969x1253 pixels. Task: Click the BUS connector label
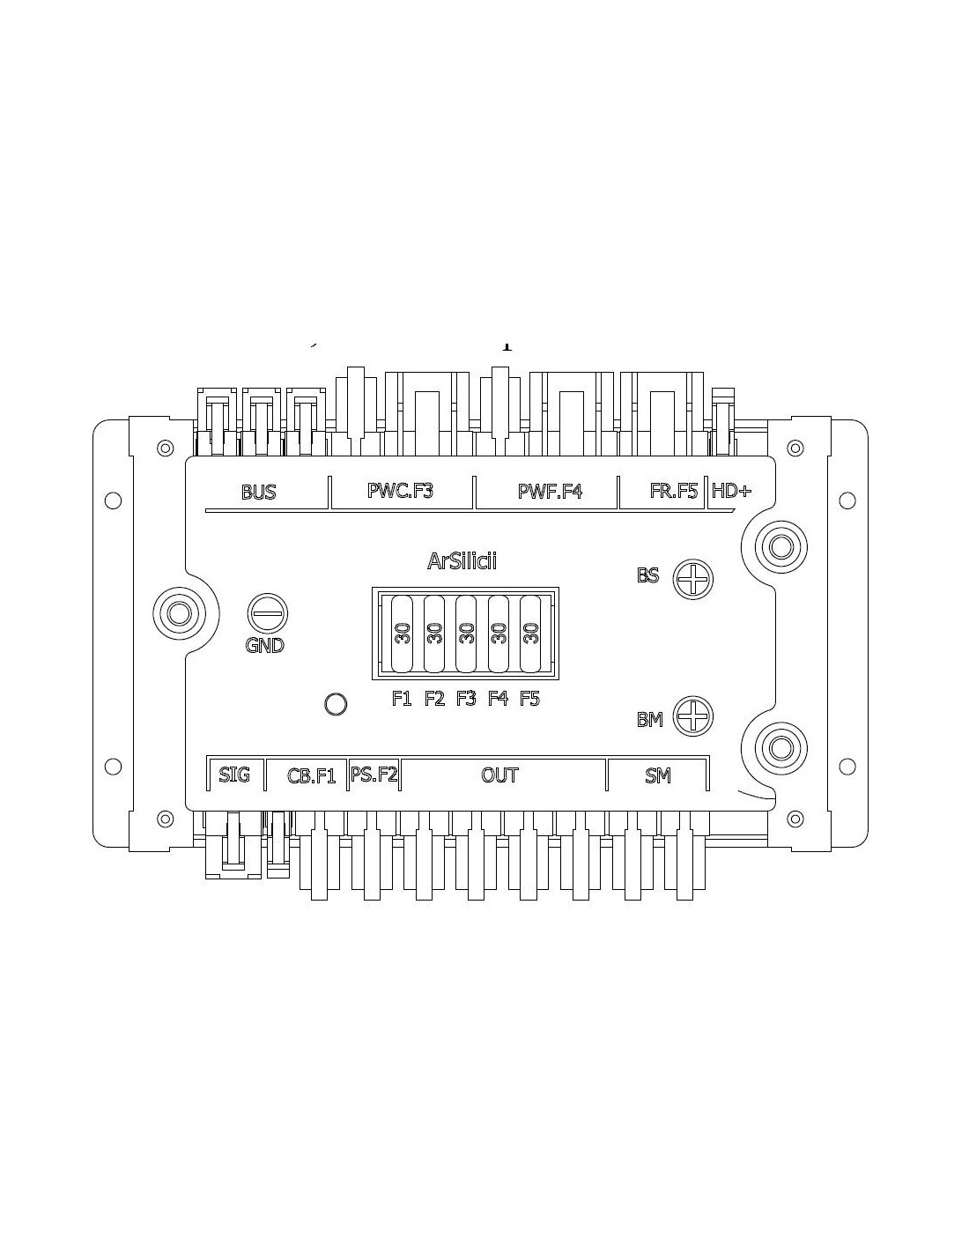point(259,493)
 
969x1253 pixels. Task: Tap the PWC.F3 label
point(400,491)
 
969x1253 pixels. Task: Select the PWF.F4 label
point(550,492)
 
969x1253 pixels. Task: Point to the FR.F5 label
point(674,491)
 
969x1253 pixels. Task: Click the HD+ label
point(731,492)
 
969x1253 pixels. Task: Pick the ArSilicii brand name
point(462,561)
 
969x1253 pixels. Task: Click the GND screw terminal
point(268,613)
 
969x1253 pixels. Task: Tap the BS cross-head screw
point(693,579)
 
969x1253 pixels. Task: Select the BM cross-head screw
point(693,716)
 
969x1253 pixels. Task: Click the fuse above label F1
point(402,634)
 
